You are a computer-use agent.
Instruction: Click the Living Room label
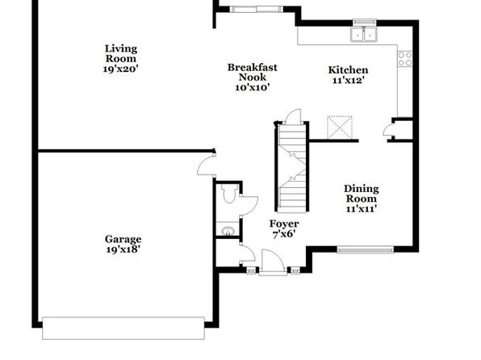point(121,53)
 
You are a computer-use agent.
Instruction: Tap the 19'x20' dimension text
point(121,69)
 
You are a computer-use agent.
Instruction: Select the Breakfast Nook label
point(252,72)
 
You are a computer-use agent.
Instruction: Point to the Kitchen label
point(348,70)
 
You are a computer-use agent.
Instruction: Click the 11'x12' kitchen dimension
point(349,81)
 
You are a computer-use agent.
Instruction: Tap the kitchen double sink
point(363,34)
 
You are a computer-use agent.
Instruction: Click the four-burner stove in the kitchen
point(405,59)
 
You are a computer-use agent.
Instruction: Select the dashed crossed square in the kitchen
point(340,127)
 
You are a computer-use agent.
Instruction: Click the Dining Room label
point(362,194)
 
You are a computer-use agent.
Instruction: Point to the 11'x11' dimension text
point(362,209)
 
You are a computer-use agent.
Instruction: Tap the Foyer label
point(284,224)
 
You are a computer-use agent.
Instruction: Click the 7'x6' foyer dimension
point(284,234)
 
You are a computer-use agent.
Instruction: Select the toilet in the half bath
point(228,194)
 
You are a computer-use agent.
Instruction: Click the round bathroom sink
point(228,230)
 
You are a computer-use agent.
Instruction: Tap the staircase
point(292,166)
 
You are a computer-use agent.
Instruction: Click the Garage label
point(123,239)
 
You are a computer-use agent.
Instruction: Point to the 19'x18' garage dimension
point(123,249)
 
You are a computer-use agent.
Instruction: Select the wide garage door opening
point(123,328)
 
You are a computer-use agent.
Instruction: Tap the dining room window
point(366,249)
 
